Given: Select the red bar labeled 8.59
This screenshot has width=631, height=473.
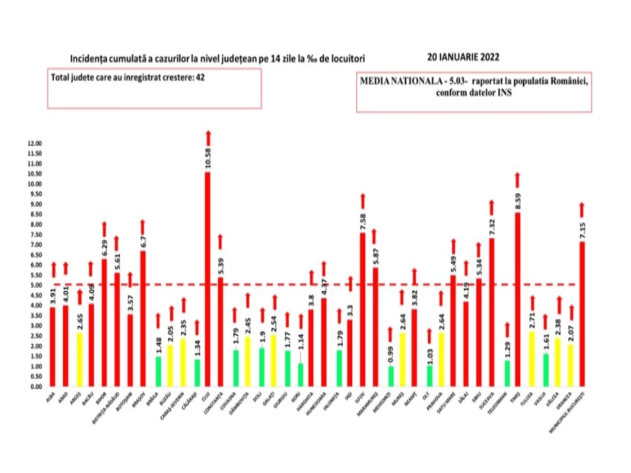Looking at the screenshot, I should point(517,300).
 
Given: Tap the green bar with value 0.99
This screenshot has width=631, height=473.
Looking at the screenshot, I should point(390,376).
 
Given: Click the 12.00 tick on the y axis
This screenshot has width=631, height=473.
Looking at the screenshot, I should point(35,143).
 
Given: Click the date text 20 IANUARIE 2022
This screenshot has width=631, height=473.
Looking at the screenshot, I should point(463,58).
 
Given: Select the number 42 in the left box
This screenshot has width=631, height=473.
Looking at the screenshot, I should point(200,78).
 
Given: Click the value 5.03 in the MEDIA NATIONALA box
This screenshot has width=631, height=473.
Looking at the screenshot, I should point(457,82).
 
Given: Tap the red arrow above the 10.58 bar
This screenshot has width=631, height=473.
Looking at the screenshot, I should point(208,138).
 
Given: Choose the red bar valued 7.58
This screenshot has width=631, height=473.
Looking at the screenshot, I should point(362,309).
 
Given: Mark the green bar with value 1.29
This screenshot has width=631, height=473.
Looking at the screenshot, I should point(507,373).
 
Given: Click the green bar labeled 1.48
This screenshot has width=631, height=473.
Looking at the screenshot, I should point(158,371).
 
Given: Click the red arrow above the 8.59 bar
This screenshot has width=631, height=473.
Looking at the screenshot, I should point(517,180).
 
